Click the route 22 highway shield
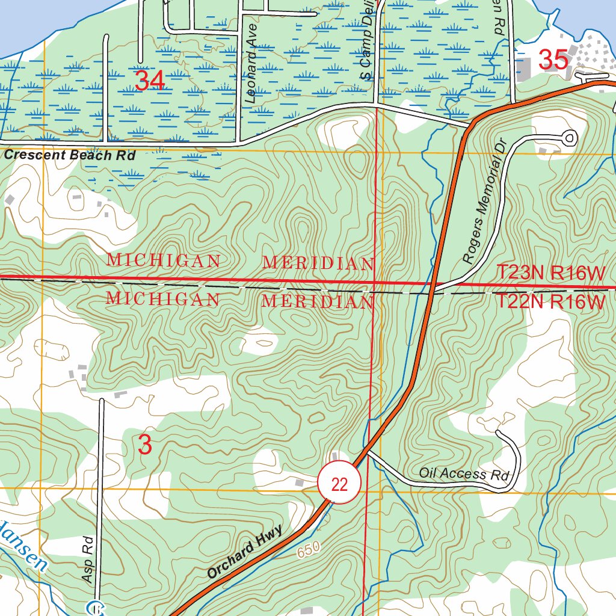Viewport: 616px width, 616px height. [339, 484]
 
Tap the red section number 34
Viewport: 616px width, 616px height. [150, 81]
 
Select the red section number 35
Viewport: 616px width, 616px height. [553, 60]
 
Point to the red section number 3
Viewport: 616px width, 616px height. [145, 445]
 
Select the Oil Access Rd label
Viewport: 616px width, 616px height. [464, 473]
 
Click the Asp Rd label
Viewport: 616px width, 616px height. [88, 559]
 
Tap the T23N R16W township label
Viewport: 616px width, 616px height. [550, 273]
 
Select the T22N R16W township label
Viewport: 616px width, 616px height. [550, 301]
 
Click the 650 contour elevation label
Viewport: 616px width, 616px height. [307, 549]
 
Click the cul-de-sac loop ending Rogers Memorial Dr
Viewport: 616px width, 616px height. [568, 138]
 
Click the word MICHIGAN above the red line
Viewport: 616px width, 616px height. [163, 261]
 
